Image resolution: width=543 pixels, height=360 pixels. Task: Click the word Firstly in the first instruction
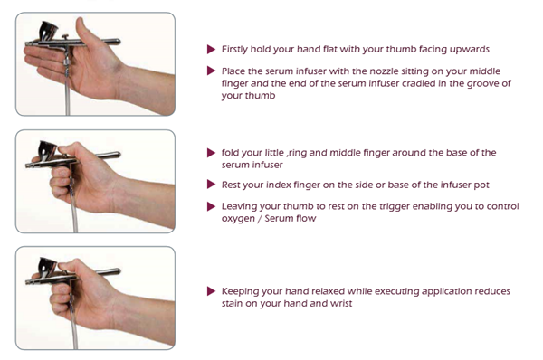(x=234, y=50)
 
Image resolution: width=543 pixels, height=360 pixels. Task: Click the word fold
(x=229, y=153)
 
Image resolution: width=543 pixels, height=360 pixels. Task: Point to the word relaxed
(x=328, y=291)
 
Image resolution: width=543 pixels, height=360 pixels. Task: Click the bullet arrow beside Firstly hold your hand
(x=211, y=49)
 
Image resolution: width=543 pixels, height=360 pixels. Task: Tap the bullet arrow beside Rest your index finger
(x=211, y=185)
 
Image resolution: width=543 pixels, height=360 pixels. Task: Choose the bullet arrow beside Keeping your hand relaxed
(x=211, y=290)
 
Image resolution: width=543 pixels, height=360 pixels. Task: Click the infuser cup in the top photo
(x=48, y=31)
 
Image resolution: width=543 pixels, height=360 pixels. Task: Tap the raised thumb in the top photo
(x=82, y=31)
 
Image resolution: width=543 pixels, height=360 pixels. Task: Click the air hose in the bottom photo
(x=74, y=332)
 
